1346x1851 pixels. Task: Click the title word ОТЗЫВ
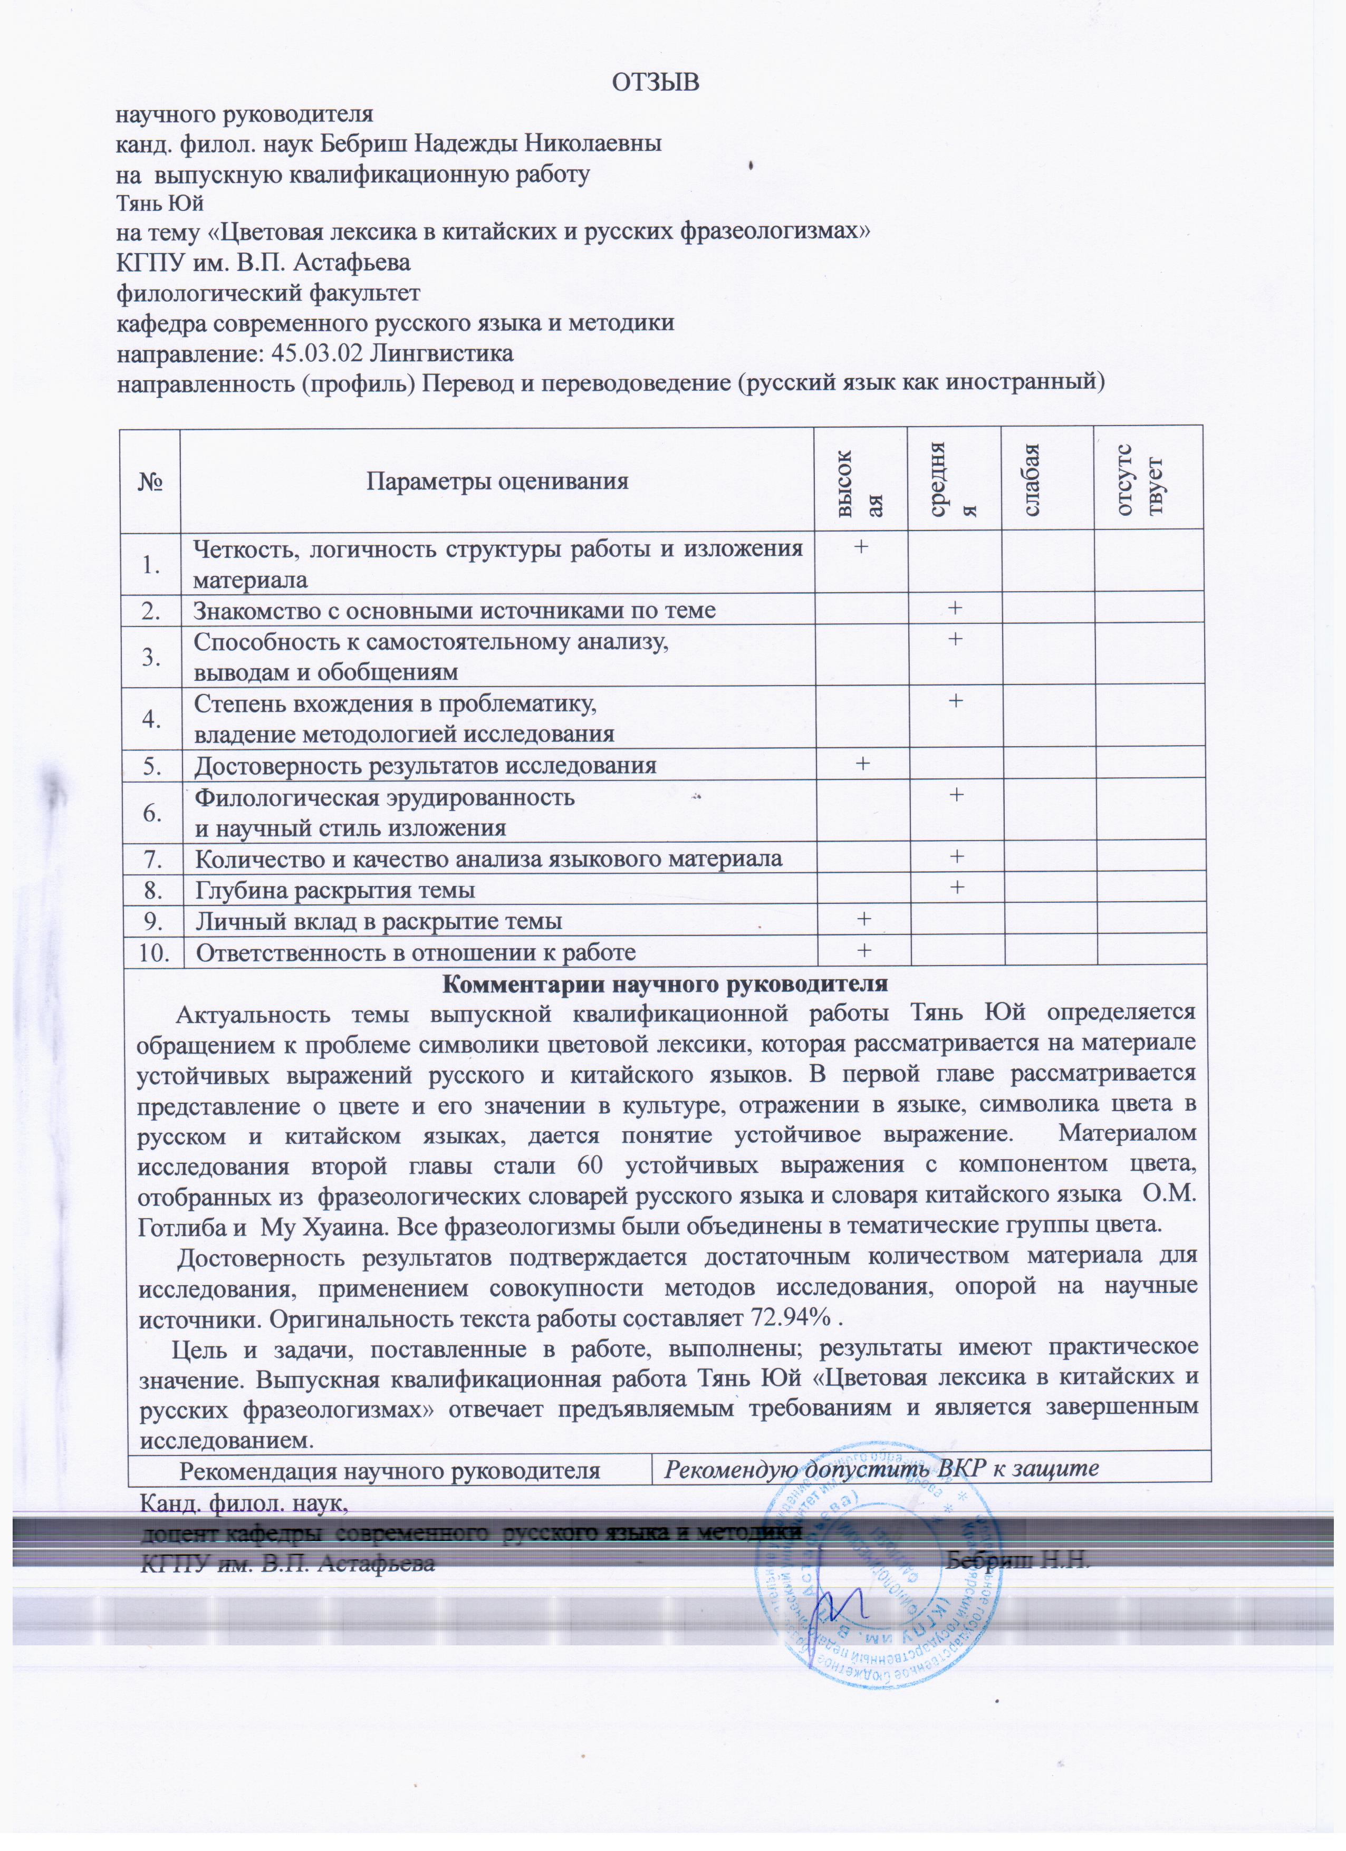pos(656,82)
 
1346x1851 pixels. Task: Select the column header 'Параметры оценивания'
pos(496,481)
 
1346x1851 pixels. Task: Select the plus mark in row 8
pos(955,887)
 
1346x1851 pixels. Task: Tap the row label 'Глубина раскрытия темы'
pos(335,890)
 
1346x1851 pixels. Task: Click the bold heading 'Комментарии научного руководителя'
pos(665,984)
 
